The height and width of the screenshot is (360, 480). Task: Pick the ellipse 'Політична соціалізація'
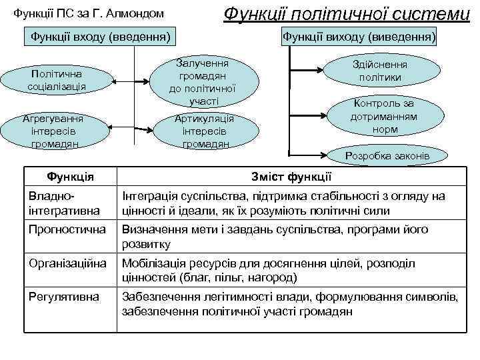(x=57, y=80)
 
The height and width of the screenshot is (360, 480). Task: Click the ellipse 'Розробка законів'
(x=387, y=156)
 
